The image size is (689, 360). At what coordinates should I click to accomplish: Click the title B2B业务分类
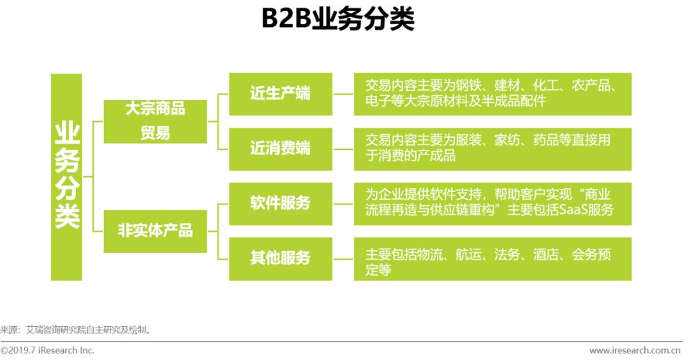(x=337, y=20)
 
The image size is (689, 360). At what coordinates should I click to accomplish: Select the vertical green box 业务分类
(x=66, y=177)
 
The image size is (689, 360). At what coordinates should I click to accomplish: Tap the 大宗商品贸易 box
(x=155, y=121)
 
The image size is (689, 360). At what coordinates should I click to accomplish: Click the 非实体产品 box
(x=155, y=230)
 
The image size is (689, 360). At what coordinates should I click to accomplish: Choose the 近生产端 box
(x=280, y=93)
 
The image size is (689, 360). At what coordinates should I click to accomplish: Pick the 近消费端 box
(x=280, y=149)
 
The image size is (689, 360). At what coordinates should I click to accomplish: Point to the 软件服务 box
(x=280, y=203)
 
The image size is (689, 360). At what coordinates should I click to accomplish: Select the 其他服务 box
(x=280, y=258)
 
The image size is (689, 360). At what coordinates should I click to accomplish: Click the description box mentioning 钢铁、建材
(x=493, y=93)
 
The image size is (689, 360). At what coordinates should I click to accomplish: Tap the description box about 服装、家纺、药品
(x=493, y=149)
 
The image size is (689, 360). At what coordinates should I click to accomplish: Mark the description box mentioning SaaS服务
(x=493, y=203)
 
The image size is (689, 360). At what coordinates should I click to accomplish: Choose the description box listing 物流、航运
(x=493, y=258)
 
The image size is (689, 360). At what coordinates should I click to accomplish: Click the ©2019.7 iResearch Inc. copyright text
(x=48, y=350)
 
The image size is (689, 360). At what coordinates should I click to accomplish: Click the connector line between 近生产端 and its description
(x=343, y=93)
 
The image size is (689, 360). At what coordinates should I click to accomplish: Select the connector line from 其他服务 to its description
(x=343, y=258)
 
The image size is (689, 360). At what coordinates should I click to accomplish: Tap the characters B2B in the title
(x=285, y=20)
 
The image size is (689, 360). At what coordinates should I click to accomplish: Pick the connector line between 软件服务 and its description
(x=343, y=203)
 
